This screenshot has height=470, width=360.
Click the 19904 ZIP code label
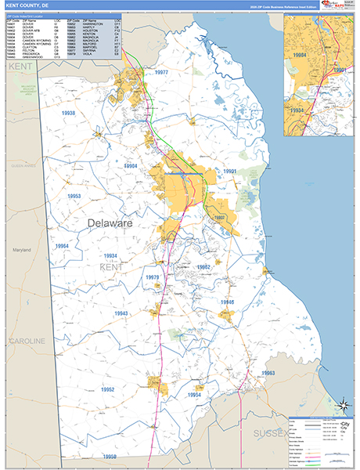131,166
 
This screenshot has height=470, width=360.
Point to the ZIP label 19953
74,197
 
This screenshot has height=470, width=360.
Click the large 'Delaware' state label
110,224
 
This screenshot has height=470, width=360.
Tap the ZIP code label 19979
152,278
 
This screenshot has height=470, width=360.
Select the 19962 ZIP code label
203,267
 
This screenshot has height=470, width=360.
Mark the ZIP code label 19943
121,313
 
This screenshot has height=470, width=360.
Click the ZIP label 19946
227,302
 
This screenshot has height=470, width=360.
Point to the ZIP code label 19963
268,373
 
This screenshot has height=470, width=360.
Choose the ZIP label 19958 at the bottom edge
110,457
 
